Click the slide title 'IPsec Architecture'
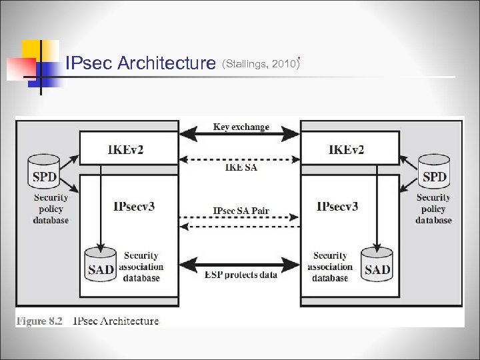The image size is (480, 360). pyautogui.click(x=141, y=63)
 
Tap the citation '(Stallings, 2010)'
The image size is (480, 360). pyautogui.click(x=261, y=64)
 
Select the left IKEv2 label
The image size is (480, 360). pyautogui.click(x=125, y=149)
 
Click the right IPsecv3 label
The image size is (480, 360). pyautogui.click(x=337, y=206)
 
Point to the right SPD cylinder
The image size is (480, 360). pyautogui.click(x=434, y=173)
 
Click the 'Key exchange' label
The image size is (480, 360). pyautogui.click(x=241, y=127)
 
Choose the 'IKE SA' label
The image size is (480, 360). pyautogui.click(x=240, y=168)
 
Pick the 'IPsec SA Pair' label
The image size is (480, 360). pyautogui.click(x=241, y=211)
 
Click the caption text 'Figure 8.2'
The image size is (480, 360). pyautogui.click(x=39, y=321)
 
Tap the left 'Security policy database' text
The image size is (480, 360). pyautogui.click(x=51, y=209)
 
